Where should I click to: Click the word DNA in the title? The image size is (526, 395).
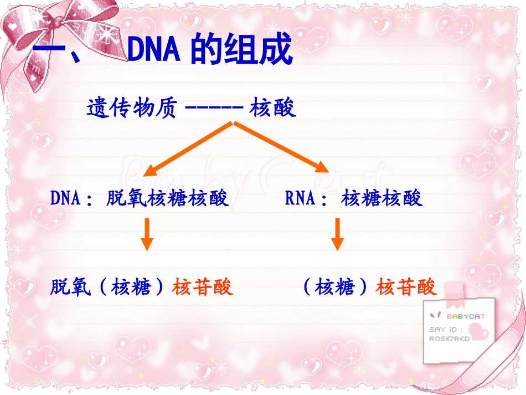click(x=154, y=51)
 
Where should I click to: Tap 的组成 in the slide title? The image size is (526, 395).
click(x=241, y=51)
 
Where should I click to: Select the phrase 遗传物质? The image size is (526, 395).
click(x=131, y=107)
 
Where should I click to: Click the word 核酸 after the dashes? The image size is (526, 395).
click(x=273, y=107)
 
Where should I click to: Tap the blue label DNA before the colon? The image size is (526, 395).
click(x=66, y=198)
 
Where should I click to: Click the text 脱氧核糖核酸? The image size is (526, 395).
click(x=167, y=198)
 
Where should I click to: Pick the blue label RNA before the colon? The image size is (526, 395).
click(x=300, y=198)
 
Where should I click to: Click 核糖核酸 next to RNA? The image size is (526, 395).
click(x=382, y=198)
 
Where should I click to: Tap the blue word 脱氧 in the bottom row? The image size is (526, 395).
click(x=70, y=286)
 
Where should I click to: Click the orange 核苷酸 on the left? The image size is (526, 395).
click(x=203, y=286)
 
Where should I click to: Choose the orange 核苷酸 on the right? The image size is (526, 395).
click(x=406, y=286)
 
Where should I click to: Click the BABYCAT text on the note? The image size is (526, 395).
click(x=466, y=316)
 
